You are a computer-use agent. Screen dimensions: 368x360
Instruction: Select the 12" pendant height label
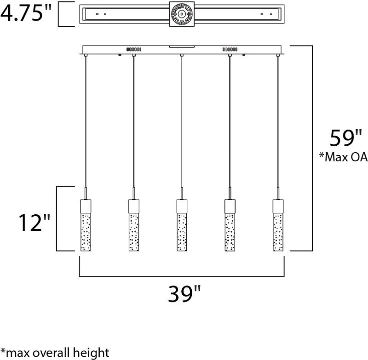34,223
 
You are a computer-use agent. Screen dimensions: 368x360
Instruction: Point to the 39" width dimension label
184,294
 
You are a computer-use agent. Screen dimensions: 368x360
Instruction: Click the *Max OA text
343,157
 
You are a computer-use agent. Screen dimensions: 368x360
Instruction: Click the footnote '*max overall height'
55,353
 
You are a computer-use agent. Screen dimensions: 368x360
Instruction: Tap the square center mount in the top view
182,14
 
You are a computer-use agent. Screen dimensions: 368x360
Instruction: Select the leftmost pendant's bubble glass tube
86,232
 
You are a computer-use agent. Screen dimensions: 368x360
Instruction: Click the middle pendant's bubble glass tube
182,232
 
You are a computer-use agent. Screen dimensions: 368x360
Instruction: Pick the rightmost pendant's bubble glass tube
278,232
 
